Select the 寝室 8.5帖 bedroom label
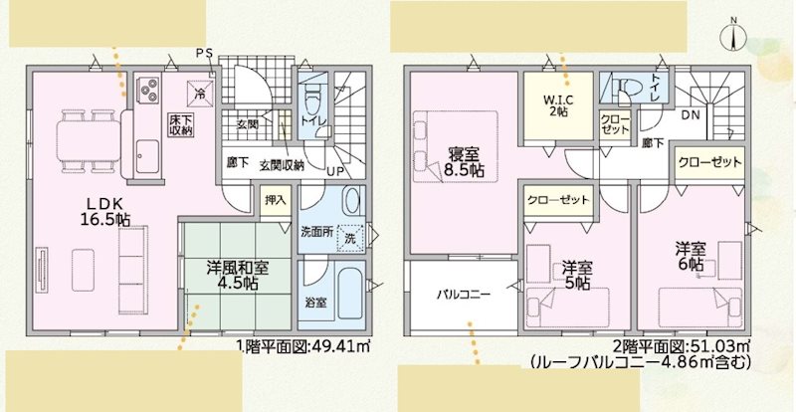click(464, 162)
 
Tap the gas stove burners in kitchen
click(151, 90)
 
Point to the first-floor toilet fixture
click(313, 100)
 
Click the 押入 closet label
click(276, 199)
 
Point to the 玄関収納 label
click(282, 164)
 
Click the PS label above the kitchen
click(204, 52)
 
